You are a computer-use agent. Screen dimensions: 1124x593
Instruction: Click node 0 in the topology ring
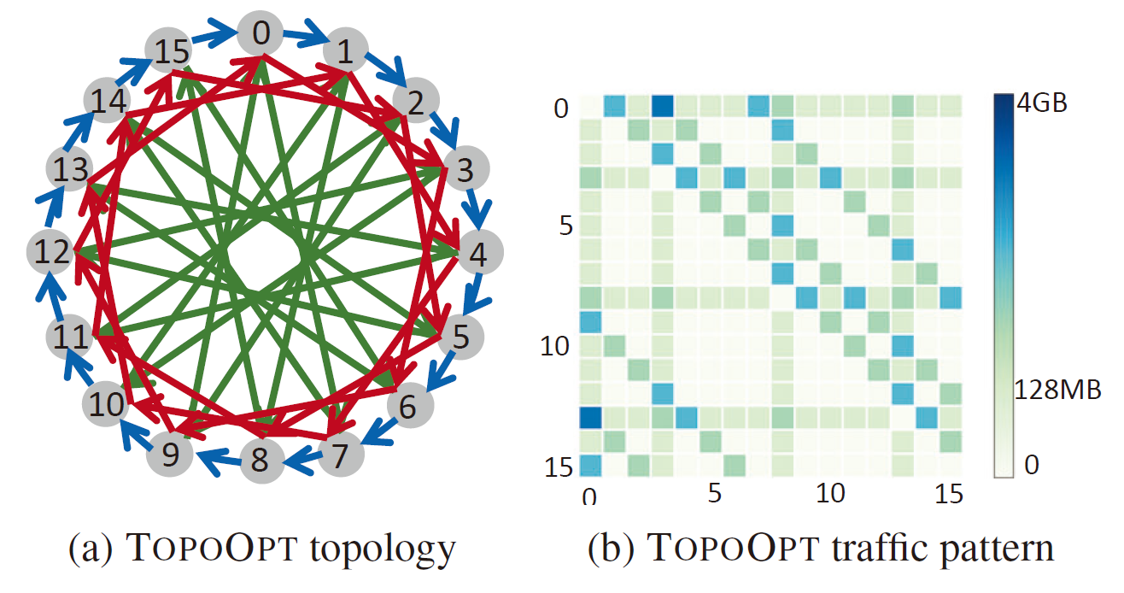coord(261,33)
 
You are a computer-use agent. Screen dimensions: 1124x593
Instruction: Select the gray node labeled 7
coord(341,455)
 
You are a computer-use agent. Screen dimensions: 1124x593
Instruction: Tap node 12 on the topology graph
coord(50,251)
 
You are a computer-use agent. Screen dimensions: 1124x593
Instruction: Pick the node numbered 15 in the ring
coord(168,50)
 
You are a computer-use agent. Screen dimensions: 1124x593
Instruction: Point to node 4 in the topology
coord(480,253)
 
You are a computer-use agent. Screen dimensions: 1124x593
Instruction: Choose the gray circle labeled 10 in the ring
coord(106,403)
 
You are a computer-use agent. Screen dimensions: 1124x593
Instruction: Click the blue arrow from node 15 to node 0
coord(214,34)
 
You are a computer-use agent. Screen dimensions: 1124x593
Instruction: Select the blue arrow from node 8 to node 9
coord(220,460)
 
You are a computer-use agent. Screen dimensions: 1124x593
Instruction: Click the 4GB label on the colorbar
coord(1042,103)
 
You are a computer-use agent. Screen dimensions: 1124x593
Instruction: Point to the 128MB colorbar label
coord(1057,390)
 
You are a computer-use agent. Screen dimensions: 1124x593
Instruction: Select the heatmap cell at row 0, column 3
coord(663,106)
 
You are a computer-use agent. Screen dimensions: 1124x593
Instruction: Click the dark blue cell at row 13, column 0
coord(590,417)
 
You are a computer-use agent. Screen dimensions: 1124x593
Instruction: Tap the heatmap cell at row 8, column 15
coord(951,297)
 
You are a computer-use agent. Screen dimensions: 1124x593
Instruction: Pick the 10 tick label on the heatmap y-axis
coord(554,346)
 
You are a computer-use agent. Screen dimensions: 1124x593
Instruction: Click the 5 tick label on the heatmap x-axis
coord(715,493)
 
